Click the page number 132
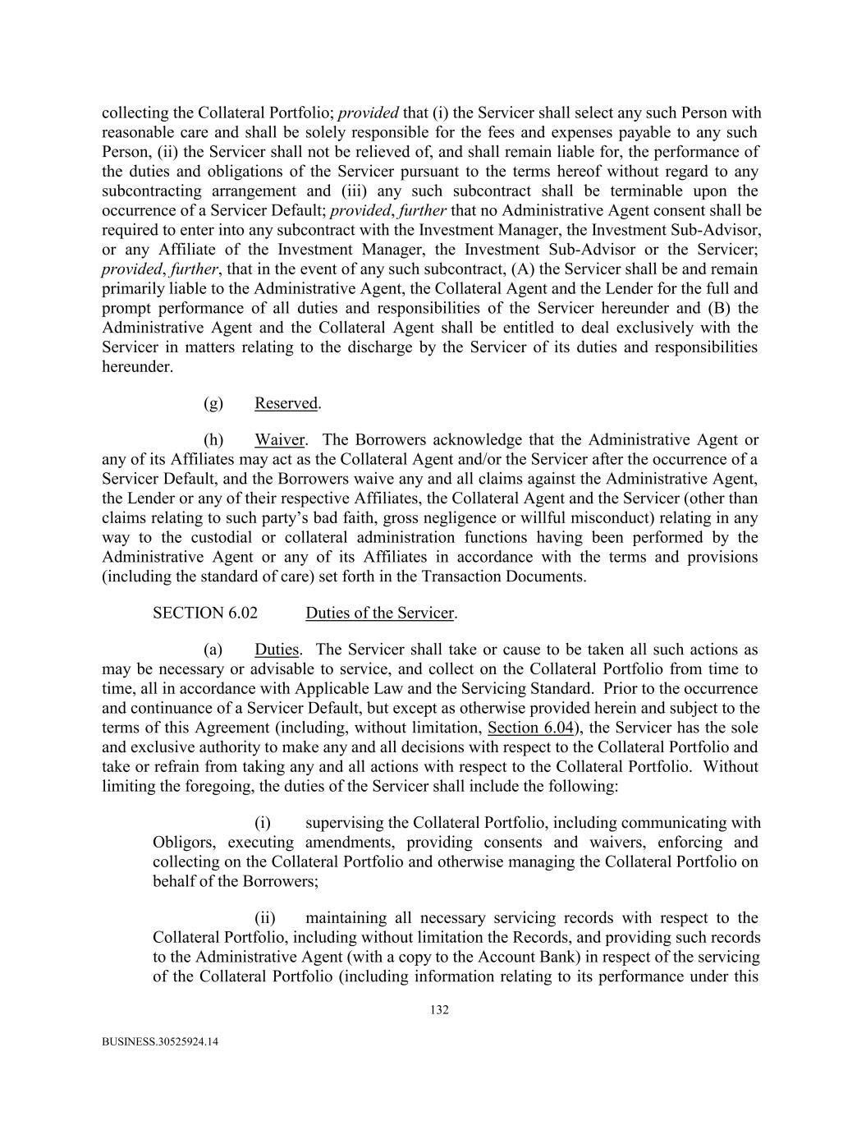tap(439, 1010)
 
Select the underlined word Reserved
tap(286, 403)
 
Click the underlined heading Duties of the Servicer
tap(380, 613)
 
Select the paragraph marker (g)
tap(213, 403)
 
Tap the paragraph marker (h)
tap(213, 439)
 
